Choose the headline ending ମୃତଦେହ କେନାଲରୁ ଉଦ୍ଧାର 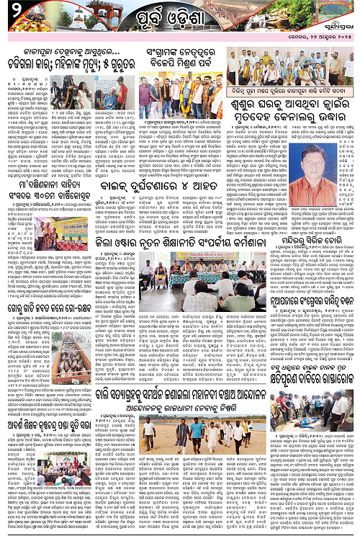292,116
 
